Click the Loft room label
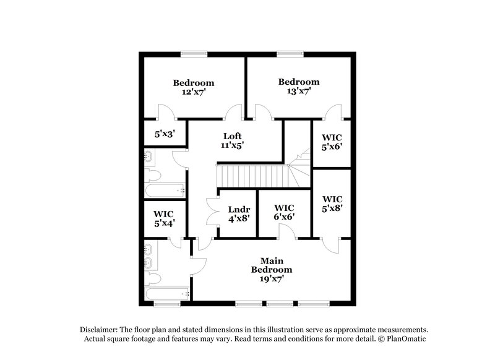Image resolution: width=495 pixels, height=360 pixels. (232, 136)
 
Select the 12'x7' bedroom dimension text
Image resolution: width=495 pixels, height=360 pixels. (193, 92)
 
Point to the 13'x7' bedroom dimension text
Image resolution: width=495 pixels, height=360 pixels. (298, 91)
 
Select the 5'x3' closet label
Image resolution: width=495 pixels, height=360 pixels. (164, 133)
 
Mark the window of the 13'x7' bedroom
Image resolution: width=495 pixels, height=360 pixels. (286, 53)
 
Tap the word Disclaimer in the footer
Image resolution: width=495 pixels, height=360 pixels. (101, 330)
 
